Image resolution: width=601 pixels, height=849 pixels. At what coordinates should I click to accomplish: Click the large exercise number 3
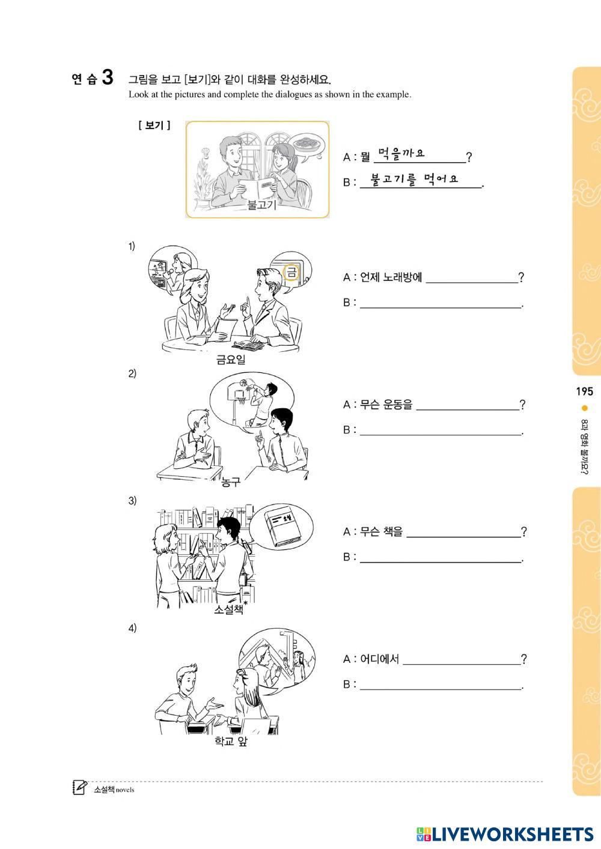tap(108, 77)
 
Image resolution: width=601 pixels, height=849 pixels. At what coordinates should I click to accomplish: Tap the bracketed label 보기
tap(154, 125)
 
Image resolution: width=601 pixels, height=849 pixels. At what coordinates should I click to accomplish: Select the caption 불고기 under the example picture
tap(261, 205)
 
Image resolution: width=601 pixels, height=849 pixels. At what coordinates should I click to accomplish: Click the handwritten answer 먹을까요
tap(401, 154)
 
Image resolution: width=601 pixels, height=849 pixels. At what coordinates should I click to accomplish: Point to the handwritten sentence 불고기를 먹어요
tap(414, 179)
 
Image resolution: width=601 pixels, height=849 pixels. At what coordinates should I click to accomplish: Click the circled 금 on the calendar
tap(291, 272)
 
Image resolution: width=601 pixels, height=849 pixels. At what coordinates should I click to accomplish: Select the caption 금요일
tap(231, 359)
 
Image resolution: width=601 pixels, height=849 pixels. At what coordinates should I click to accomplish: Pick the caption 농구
tap(231, 482)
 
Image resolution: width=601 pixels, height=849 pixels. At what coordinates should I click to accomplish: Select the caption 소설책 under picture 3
tap(229, 609)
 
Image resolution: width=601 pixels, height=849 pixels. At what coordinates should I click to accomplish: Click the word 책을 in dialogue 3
tap(392, 531)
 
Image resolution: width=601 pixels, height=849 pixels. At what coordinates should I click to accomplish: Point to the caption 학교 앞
tap(231, 741)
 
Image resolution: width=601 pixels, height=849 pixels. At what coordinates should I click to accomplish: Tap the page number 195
tap(584, 391)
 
